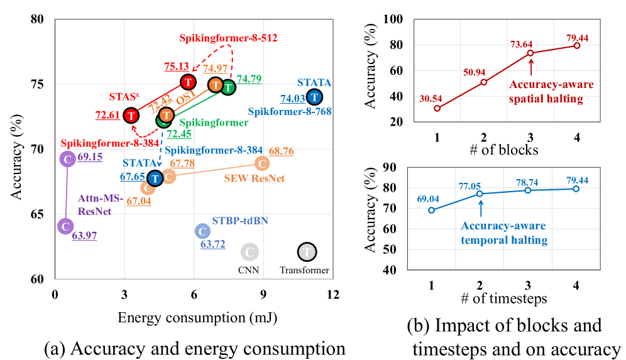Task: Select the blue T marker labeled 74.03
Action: tap(314, 97)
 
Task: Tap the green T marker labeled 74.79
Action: tap(228, 87)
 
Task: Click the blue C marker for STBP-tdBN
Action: tap(202, 231)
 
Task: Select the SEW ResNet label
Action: tap(255, 178)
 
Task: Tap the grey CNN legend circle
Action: tap(249, 252)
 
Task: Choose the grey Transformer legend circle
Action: tap(307, 252)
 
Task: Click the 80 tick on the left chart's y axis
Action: tap(40, 19)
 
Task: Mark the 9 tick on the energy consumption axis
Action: tap(263, 294)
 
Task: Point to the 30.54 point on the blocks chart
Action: tap(437, 108)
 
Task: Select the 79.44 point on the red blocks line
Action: tap(576, 45)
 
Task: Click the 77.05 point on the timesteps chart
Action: tap(481, 194)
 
